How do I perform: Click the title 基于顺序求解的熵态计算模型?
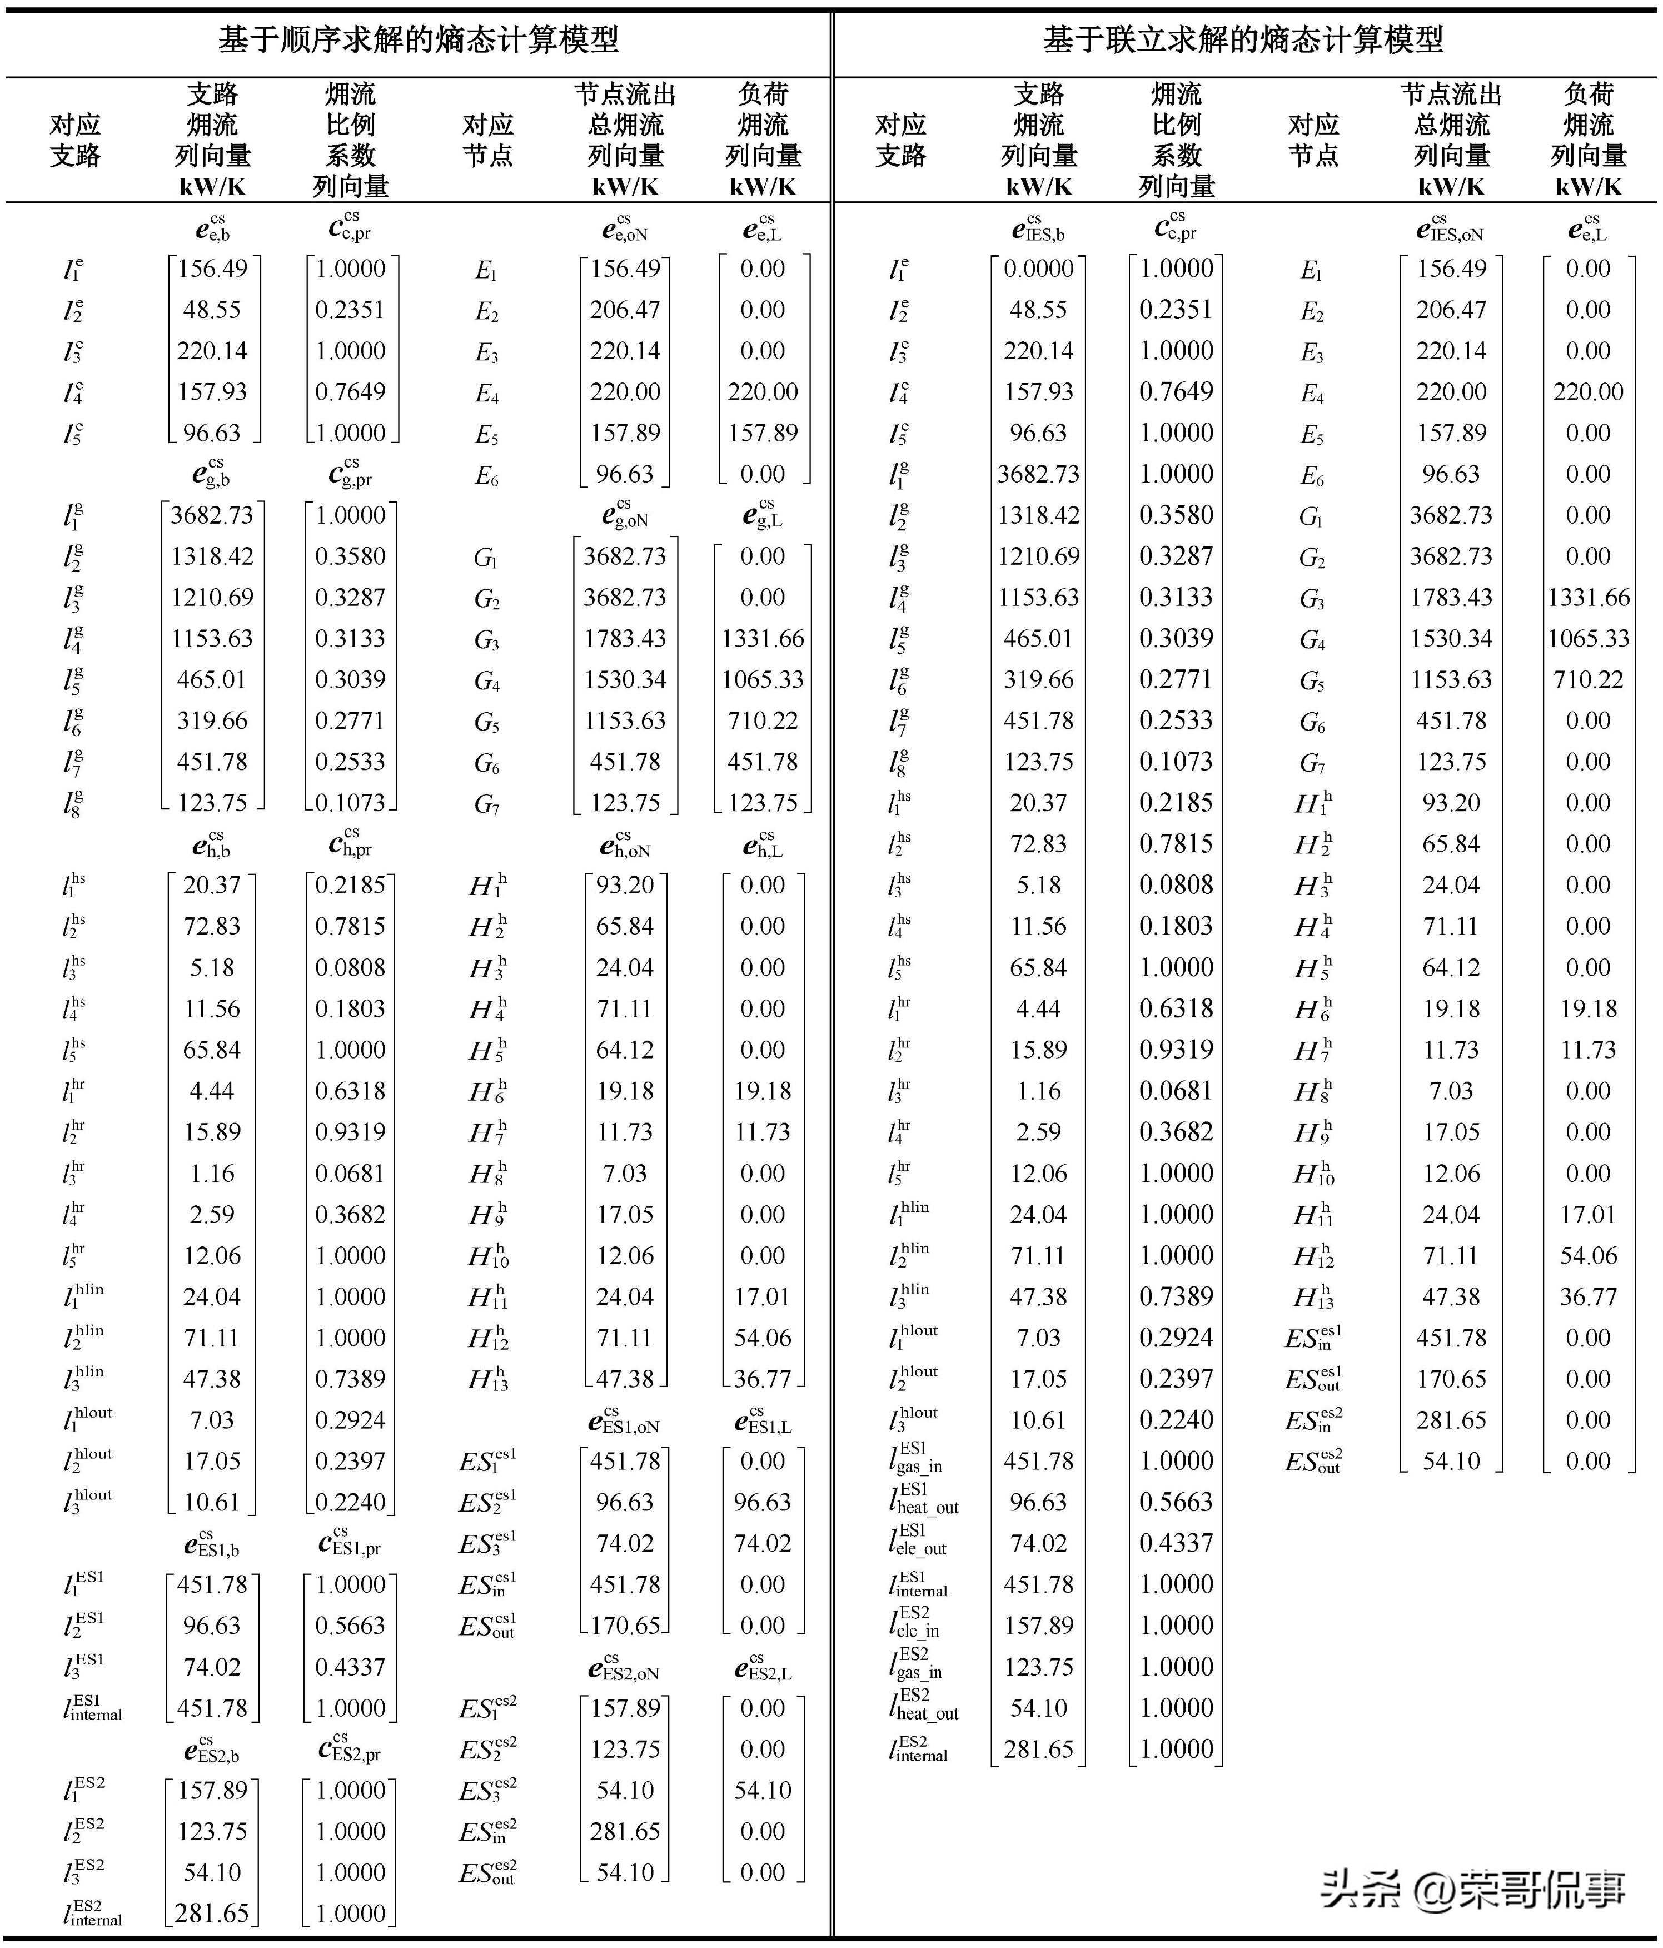coord(419,39)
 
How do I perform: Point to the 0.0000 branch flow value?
coord(1038,269)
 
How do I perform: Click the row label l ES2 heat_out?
coord(923,1707)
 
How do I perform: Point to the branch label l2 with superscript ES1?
coord(83,1626)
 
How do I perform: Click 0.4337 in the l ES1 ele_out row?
coord(1176,1543)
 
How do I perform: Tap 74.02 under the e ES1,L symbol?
coord(763,1543)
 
